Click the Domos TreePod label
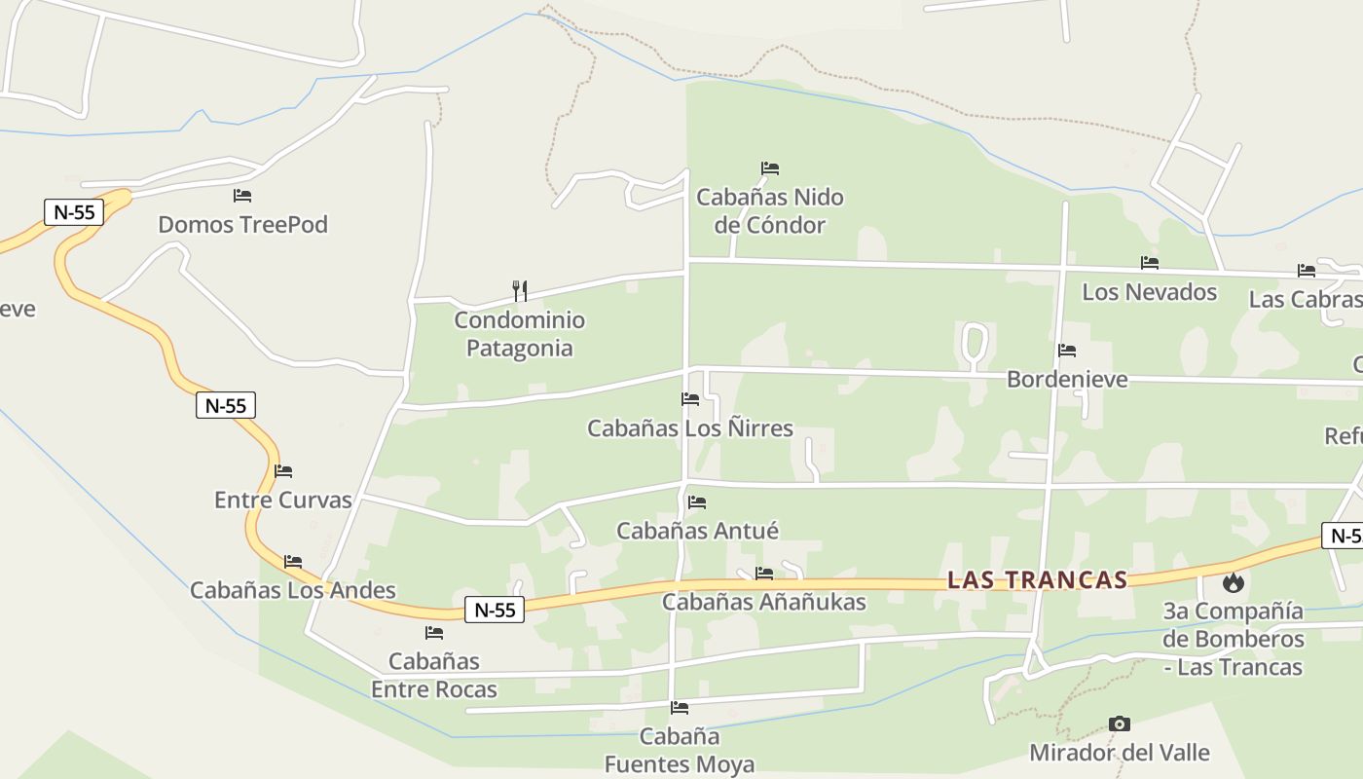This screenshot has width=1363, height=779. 242,225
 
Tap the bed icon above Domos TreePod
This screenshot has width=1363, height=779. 242,197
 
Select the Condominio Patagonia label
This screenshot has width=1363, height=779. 520,334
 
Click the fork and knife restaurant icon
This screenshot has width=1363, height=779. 520,290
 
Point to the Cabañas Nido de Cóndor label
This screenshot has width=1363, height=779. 769,211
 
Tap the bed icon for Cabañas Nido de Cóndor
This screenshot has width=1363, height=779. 770,168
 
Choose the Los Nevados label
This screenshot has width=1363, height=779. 1149,292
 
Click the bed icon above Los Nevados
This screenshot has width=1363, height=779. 1150,263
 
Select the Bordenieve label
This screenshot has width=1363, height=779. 1067,379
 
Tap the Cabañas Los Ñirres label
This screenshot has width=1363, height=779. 690,428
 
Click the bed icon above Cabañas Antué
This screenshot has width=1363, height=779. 697,503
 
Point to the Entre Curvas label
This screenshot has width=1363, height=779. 282,501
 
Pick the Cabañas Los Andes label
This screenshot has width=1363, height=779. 292,590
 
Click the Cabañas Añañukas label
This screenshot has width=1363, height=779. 764,602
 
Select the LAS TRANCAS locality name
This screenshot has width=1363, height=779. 1037,580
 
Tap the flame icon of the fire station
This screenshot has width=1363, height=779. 1234,583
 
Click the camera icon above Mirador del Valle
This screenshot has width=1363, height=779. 1120,724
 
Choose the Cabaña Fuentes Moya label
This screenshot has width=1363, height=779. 680,751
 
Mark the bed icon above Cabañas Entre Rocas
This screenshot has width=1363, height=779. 434,633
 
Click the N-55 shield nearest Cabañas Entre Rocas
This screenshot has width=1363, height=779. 495,611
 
